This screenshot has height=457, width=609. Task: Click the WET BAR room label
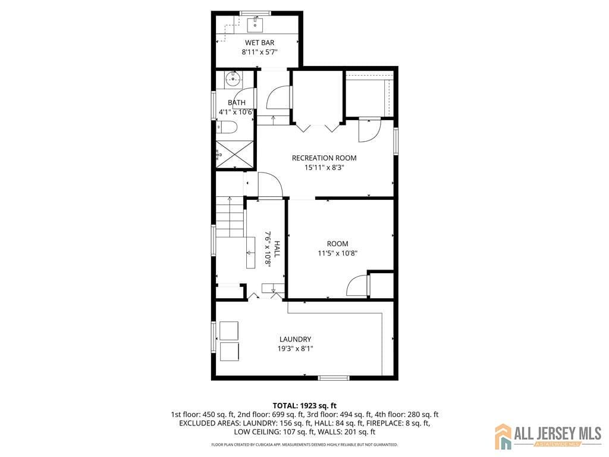(260, 42)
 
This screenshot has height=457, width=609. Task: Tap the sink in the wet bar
(256, 24)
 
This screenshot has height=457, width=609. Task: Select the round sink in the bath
(233, 77)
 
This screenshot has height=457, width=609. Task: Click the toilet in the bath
(227, 127)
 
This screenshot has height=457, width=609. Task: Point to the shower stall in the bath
(234, 154)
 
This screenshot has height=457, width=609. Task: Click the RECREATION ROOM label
(324, 158)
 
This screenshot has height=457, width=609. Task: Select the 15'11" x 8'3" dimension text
(324, 167)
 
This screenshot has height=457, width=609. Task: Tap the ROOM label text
(337, 243)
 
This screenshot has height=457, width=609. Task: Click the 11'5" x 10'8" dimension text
(337, 253)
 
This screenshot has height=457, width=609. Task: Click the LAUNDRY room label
(295, 339)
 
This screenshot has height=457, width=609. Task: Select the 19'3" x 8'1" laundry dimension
(295, 349)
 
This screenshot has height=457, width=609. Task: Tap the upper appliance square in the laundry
(229, 330)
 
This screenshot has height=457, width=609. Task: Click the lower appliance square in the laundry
(229, 351)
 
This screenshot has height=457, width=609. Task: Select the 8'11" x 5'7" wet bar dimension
(260, 52)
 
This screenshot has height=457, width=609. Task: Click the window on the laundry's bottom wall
(333, 378)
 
